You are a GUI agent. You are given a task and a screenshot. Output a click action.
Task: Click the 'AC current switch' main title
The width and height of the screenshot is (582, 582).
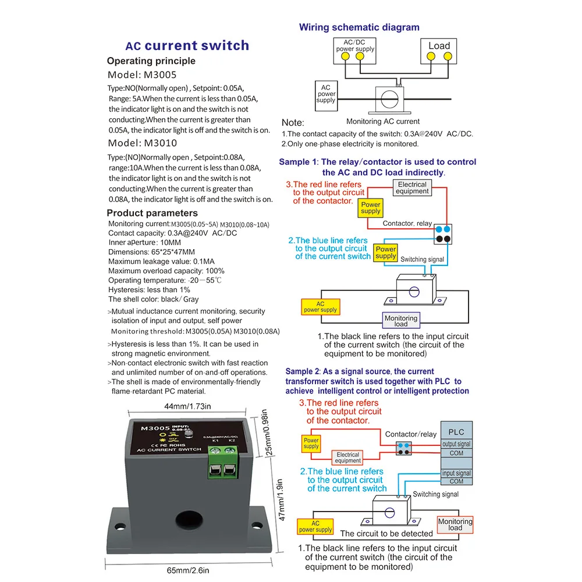pyautogui.click(x=187, y=46)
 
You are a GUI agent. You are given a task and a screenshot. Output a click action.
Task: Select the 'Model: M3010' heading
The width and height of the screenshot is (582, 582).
pyautogui.click(x=143, y=143)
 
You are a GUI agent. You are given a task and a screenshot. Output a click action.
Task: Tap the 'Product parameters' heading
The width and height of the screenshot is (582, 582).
pyautogui.click(x=152, y=213)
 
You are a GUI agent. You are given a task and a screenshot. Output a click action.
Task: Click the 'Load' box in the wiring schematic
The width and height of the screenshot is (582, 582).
pyautogui.click(x=439, y=51)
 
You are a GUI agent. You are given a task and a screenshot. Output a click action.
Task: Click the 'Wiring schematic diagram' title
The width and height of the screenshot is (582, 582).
pyautogui.click(x=359, y=27)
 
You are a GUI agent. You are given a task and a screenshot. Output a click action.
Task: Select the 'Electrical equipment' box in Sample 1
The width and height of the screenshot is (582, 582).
pyautogui.click(x=412, y=188)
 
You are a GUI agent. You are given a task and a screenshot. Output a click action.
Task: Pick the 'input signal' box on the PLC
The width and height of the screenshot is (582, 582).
pyautogui.click(x=456, y=473)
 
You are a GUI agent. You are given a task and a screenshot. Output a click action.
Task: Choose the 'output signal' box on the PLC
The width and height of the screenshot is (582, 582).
pyautogui.click(x=456, y=444)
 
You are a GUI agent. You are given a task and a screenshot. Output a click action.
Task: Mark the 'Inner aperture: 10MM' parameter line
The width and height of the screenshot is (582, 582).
pyautogui.click(x=144, y=243)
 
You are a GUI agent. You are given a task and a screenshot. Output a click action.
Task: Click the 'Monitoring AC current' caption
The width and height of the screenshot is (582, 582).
pyautogui.click(x=382, y=122)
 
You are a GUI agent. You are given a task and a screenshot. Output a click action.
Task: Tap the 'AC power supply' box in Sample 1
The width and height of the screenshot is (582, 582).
pyautogui.click(x=320, y=307)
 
